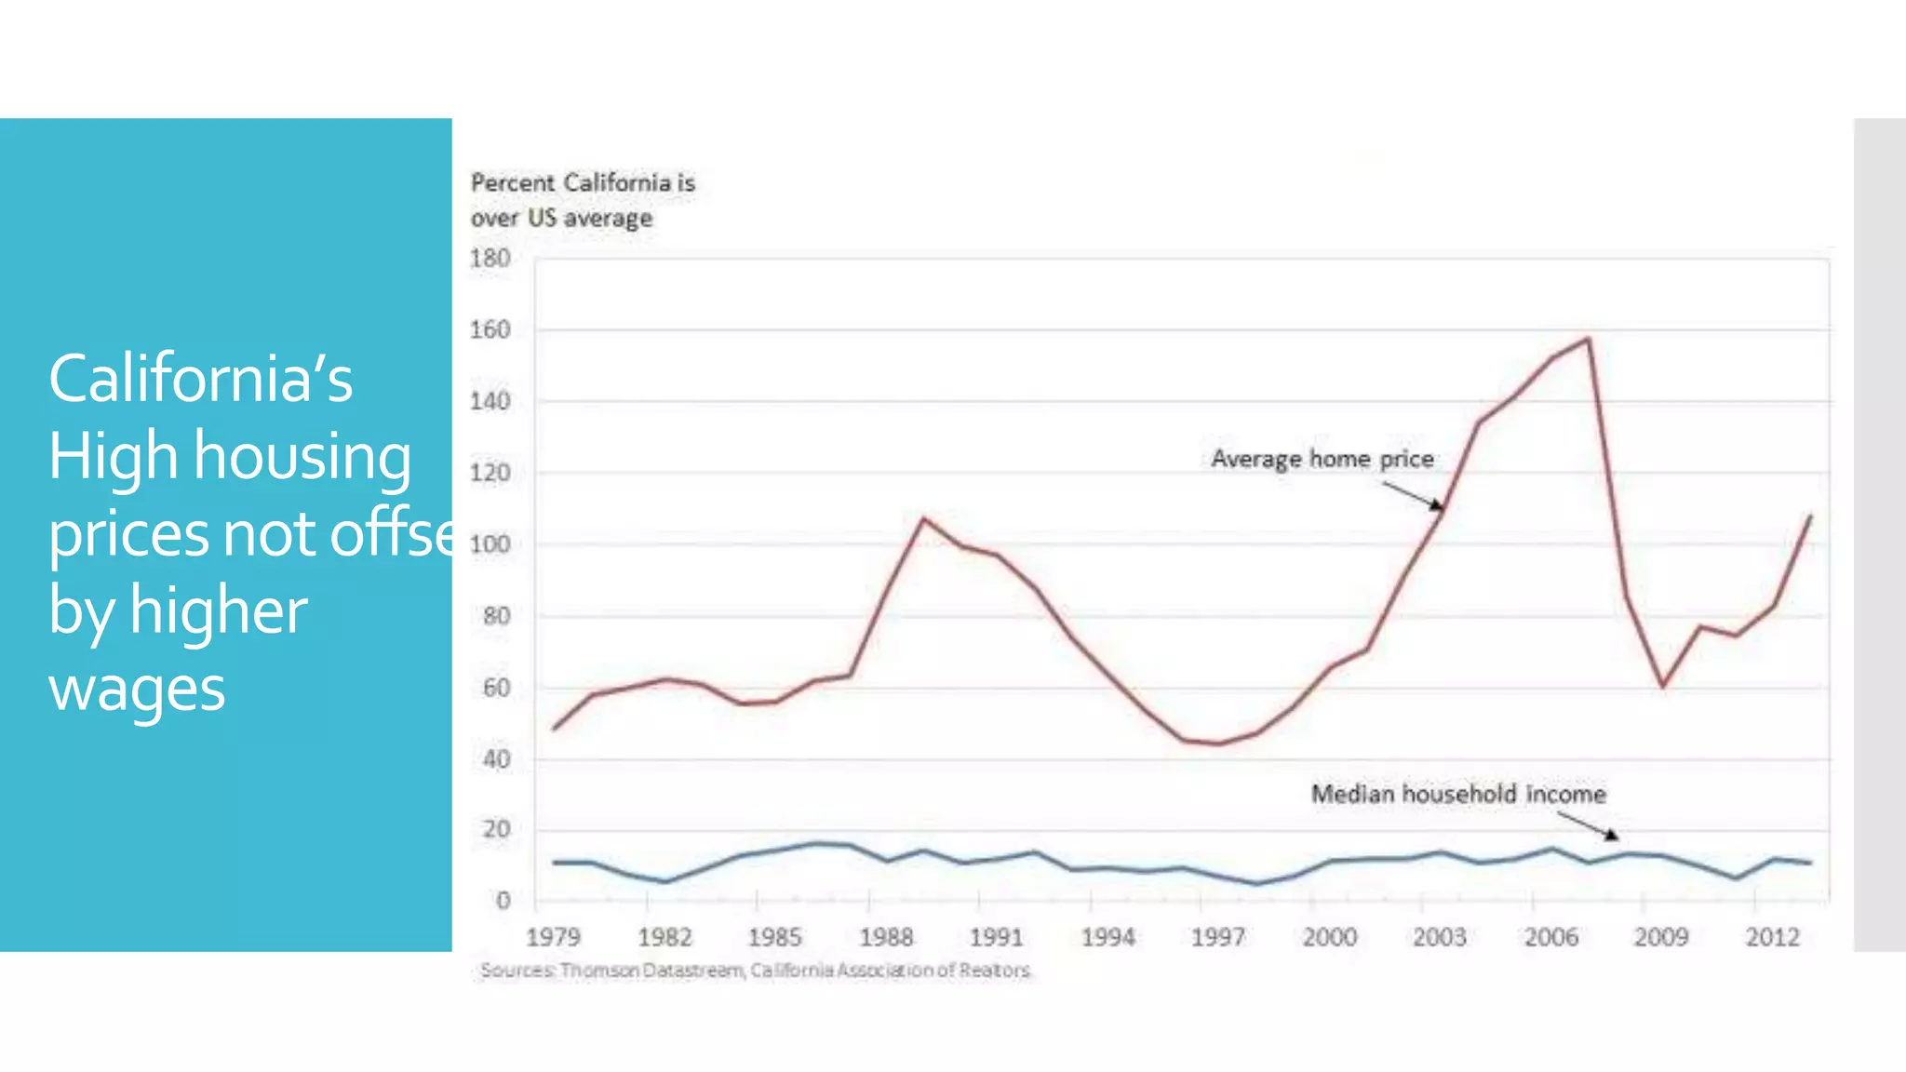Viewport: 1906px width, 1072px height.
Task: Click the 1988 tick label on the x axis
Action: click(885, 936)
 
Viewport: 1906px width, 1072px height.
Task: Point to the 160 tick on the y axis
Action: click(490, 329)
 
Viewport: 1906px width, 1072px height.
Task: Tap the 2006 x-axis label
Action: click(1550, 936)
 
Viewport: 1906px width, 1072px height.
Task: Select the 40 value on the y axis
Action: click(496, 759)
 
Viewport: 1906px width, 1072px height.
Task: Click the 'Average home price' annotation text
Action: click(1322, 459)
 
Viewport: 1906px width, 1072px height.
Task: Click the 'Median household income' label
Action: click(1457, 794)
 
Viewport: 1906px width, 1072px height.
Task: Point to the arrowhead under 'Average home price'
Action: click(1439, 506)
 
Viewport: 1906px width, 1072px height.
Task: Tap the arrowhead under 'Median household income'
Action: click(1612, 835)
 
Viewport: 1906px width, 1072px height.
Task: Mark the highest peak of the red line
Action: click(1588, 339)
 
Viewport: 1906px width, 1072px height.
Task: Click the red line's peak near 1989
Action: click(922, 518)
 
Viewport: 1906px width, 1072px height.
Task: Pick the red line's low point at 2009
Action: click(1662, 686)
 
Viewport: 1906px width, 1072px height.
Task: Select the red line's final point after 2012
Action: click(1810, 516)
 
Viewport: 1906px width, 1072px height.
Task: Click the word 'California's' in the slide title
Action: click(200, 379)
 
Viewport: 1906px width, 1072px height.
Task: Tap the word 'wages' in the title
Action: click(137, 689)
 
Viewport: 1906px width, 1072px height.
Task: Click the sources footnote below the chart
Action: click(755, 970)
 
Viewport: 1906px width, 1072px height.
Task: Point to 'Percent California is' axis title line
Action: click(583, 182)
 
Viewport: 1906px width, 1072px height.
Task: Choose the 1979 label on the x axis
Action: click(553, 936)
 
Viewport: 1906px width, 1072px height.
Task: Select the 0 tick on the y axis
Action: click(503, 900)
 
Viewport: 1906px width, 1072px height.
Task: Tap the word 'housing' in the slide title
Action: click(302, 457)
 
